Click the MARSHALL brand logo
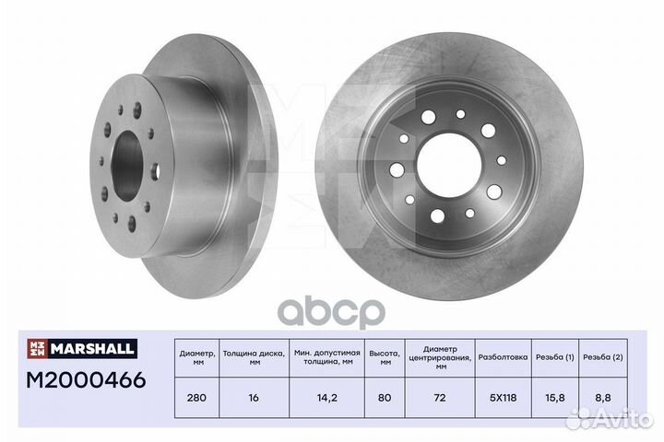(x=82, y=348)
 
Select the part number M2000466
(x=86, y=379)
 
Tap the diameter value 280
(x=196, y=398)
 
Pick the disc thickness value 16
(x=254, y=398)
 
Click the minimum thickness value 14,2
(x=326, y=398)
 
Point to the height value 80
(x=385, y=398)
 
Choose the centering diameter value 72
(x=440, y=398)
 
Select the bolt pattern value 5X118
(x=504, y=398)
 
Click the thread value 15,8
(x=555, y=398)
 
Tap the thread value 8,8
(x=603, y=398)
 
